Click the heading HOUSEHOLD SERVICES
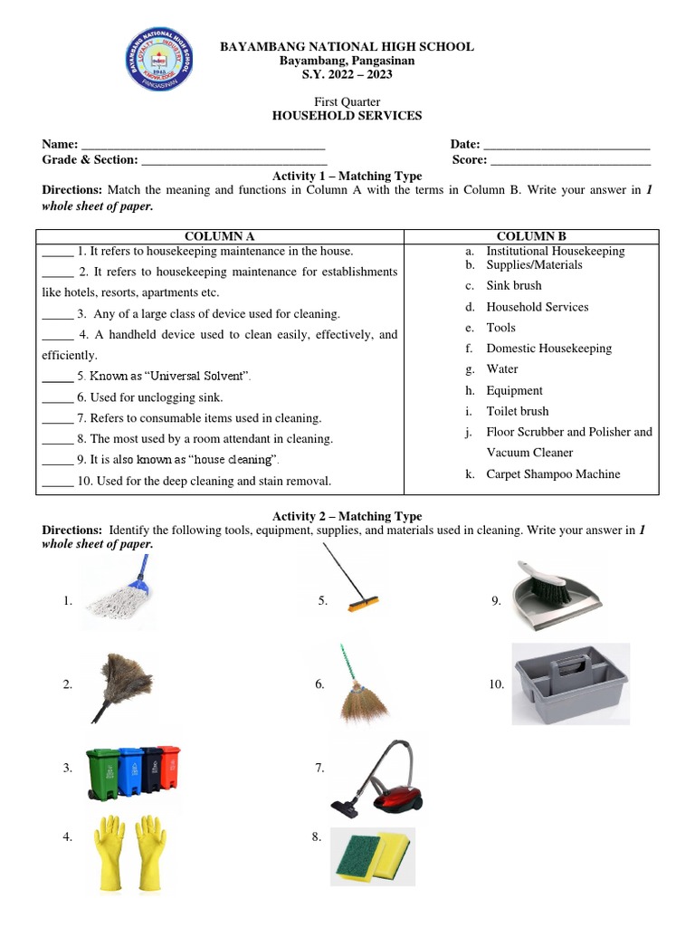[347, 116]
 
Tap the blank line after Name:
[203, 146]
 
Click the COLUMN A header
[220, 236]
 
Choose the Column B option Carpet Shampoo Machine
[553, 474]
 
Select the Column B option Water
[501, 369]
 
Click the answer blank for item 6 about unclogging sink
[56, 397]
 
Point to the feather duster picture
[122, 683]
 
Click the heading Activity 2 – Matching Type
[347, 516]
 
